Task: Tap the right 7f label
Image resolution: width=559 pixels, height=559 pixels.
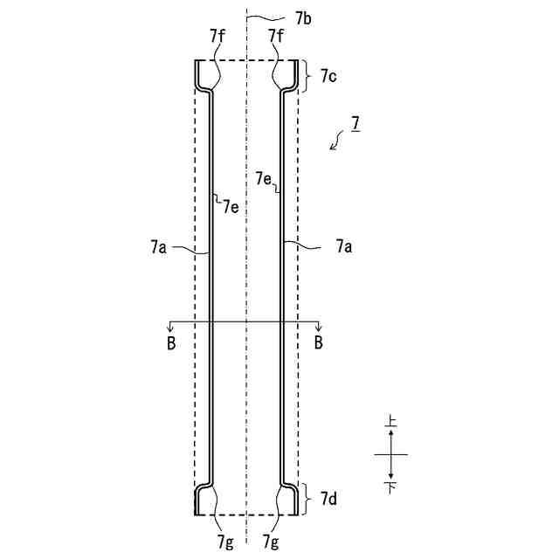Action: (276, 36)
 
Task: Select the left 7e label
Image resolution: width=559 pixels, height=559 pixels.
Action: (231, 207)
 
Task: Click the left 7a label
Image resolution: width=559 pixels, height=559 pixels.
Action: (157, 248)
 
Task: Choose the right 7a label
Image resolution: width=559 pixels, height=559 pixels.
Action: (344, 248)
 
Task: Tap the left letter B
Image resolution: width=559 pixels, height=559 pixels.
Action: (170, 342)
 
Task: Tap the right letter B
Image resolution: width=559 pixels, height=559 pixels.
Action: (319, 342)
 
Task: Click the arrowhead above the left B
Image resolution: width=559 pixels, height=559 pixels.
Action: (170, 327)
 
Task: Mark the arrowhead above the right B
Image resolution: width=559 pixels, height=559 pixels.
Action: (319, 327)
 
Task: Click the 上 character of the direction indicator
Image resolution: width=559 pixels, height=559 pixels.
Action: (391, 423)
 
